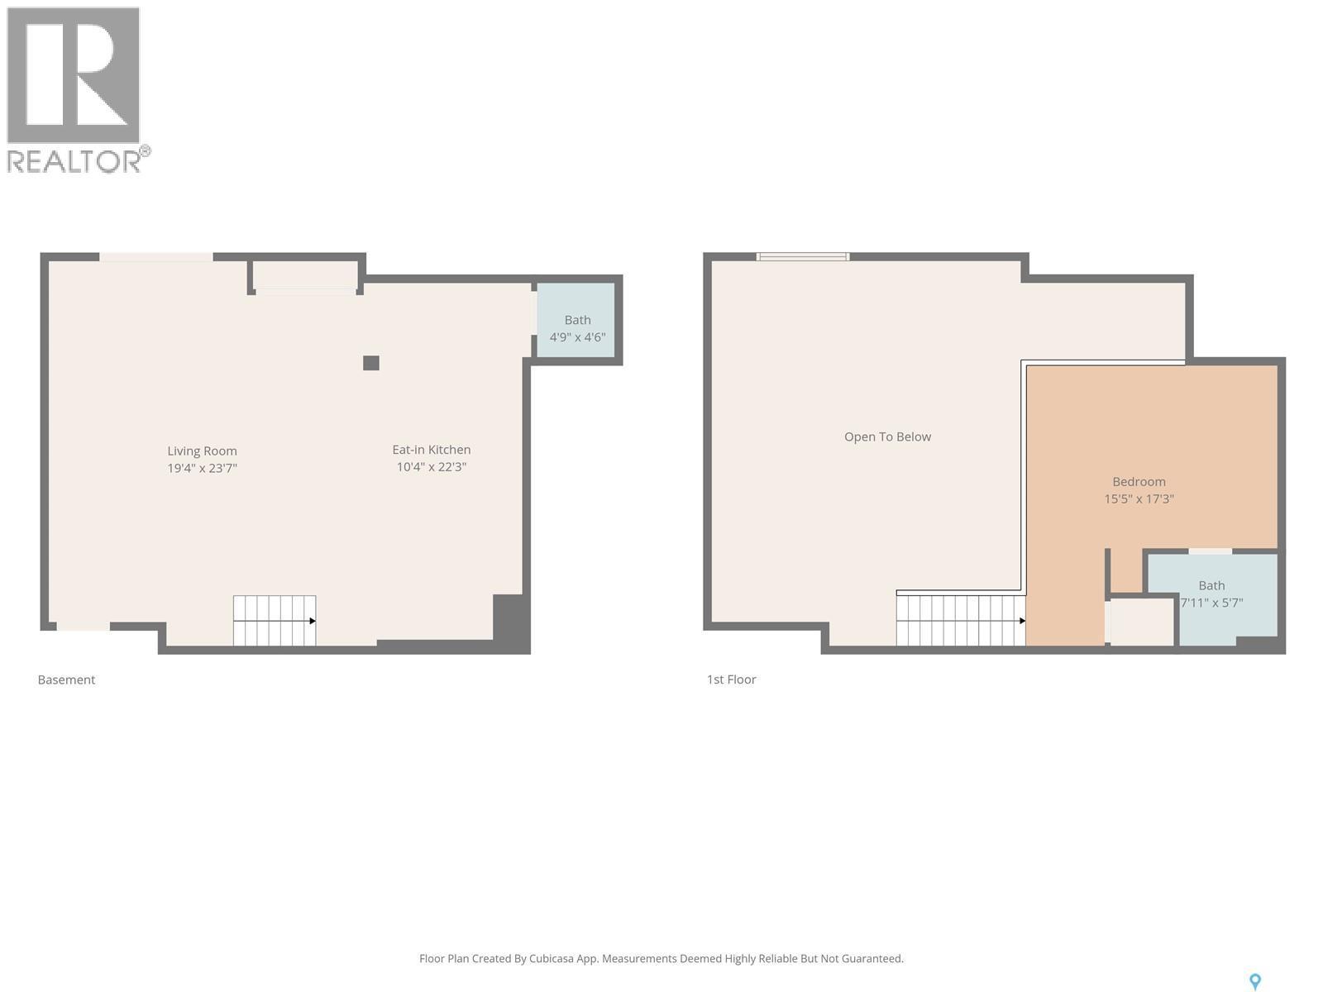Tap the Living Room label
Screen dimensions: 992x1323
(202, 451)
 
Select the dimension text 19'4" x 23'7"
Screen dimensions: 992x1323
(202, 468)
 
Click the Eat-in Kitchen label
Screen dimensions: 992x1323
(431, 450)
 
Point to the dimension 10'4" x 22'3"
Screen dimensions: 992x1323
(431, 467)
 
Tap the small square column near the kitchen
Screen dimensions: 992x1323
(371, 363)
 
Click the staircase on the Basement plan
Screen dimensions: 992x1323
(274, 620)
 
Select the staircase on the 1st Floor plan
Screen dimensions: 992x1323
(960, 620)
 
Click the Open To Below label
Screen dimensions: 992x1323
(887, 436)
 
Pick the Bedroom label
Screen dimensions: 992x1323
(1139, 481)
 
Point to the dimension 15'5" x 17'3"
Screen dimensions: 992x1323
(1139, 498)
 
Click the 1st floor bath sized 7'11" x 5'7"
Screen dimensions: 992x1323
(1212, 594)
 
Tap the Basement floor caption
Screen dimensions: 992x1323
(66, 680)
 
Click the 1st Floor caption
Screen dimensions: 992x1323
(731, 680)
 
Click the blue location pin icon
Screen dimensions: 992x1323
(1254, 981)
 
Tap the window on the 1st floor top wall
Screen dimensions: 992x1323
(802, 257)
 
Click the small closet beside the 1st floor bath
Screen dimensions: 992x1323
(1142, 621)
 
